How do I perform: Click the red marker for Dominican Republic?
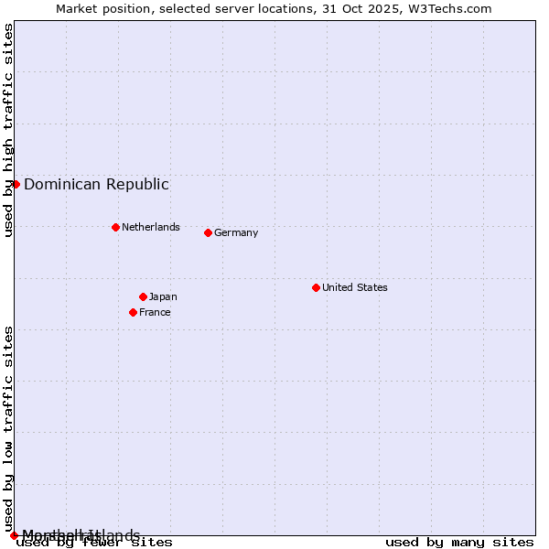click(16, 184)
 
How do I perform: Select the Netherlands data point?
click(115, 227)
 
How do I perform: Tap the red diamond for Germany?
click(208, 232)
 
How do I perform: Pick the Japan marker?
click(143, 296)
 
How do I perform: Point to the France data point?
click(133, 312)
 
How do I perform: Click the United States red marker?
click(316, 287)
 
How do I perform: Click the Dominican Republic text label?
click(96, 184)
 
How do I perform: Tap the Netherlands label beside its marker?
click(150, 227)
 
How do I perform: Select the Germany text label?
click(236, 232)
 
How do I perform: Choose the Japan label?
click(163, 296)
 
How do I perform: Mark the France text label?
click(155, 312)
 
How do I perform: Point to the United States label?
click(354, 287)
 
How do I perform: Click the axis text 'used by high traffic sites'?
click(8, 130)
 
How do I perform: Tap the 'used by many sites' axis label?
click(459, 543)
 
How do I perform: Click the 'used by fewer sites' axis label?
click(94, 543)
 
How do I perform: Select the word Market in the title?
click(76, 8)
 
